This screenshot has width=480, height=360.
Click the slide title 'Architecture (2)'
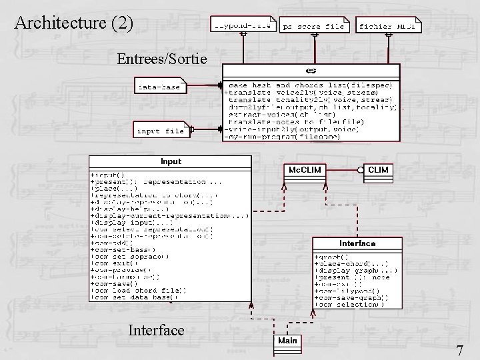tap(73, 23)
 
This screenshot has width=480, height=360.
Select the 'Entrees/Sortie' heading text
tap(163, 59)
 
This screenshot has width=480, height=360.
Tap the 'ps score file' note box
tap(313, 26)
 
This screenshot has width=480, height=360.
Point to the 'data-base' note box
tap(159, 87)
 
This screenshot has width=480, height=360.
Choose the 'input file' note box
tap(161, 131)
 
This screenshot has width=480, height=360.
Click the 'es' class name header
tap(311, 70)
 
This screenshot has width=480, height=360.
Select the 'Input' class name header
tap(171, 161)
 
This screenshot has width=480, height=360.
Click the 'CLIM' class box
tap(379, 170)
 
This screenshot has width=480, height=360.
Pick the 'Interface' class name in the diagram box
tap(357, 243)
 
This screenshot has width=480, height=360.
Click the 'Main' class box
tap(287, 341)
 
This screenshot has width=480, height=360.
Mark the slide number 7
tap(460, 351)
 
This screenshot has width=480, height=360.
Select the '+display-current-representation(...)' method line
tap(169, 216)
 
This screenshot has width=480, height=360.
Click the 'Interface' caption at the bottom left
tap(156, 330)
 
